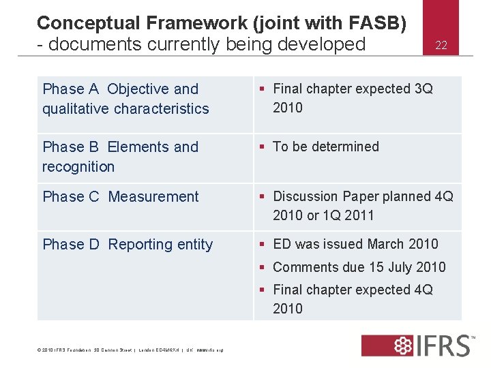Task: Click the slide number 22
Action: [441, 46]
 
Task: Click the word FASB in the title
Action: [378, 23]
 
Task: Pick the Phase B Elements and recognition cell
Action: [120, 157]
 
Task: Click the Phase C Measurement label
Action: [121, 197]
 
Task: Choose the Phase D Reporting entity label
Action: [128, 245]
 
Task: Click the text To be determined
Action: [325, 147]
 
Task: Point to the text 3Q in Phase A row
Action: [423, 89]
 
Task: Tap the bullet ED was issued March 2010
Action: [355, 244]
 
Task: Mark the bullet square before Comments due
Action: [263, 267]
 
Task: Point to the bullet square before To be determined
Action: [263, 147]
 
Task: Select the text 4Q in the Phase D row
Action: [423, 290]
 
